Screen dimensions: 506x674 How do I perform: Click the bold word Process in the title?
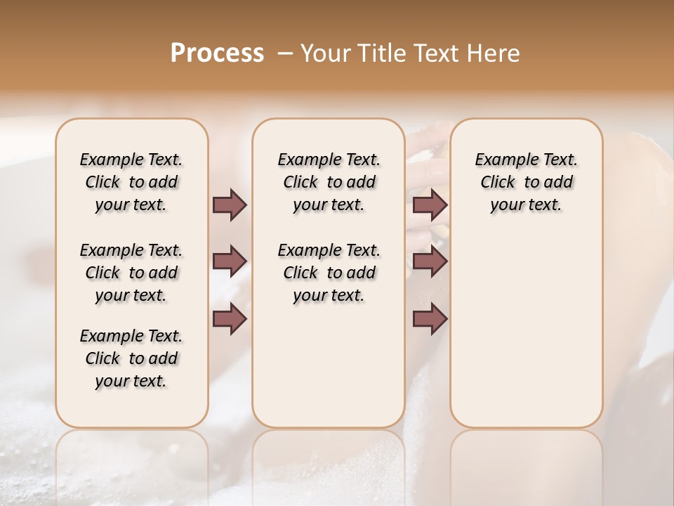[217, 53]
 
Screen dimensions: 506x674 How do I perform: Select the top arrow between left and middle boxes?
[230, 205]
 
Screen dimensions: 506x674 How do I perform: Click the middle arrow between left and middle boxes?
[230, 261]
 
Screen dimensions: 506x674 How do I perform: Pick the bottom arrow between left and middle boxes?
[230, 319]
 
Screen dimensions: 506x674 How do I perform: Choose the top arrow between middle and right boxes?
[430, 205]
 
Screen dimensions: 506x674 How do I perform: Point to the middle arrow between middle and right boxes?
[430, 261]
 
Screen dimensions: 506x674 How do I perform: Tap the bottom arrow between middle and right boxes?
[430, 319]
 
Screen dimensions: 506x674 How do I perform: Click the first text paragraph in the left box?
[131, 182]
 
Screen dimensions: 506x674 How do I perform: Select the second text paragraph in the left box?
[131, 273]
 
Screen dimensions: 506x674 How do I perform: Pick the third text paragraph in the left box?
[131, 358]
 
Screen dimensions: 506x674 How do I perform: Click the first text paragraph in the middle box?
[329, 182]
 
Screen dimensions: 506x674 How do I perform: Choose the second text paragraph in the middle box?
[329, 273]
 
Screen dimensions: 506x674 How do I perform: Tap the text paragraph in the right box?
[526, 182]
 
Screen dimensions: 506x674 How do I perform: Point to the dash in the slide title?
[285, 53]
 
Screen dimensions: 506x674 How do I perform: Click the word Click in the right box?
[498, 183]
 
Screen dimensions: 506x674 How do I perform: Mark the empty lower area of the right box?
[526, 330]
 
